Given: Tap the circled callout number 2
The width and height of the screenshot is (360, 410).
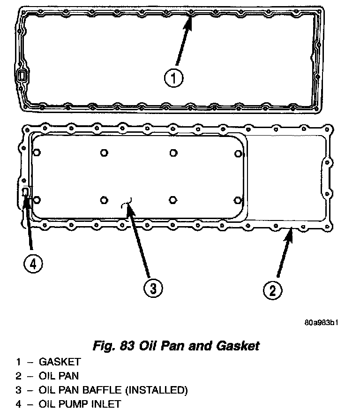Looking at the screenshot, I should click(272, 289).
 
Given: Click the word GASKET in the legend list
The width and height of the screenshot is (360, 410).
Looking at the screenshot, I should click(60, 362).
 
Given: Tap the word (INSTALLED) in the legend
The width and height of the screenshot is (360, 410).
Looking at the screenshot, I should click(162, 390).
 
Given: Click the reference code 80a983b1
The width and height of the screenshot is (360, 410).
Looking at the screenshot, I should click(321, 322).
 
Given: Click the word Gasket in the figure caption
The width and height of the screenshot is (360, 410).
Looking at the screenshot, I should click(238, 346).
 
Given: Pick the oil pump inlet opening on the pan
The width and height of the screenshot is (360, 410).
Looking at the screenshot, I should click(26, 192).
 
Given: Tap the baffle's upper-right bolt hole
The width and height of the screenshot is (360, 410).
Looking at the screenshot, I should click(239, 154).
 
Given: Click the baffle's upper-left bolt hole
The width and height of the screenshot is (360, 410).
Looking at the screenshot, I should click(37, 152).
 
